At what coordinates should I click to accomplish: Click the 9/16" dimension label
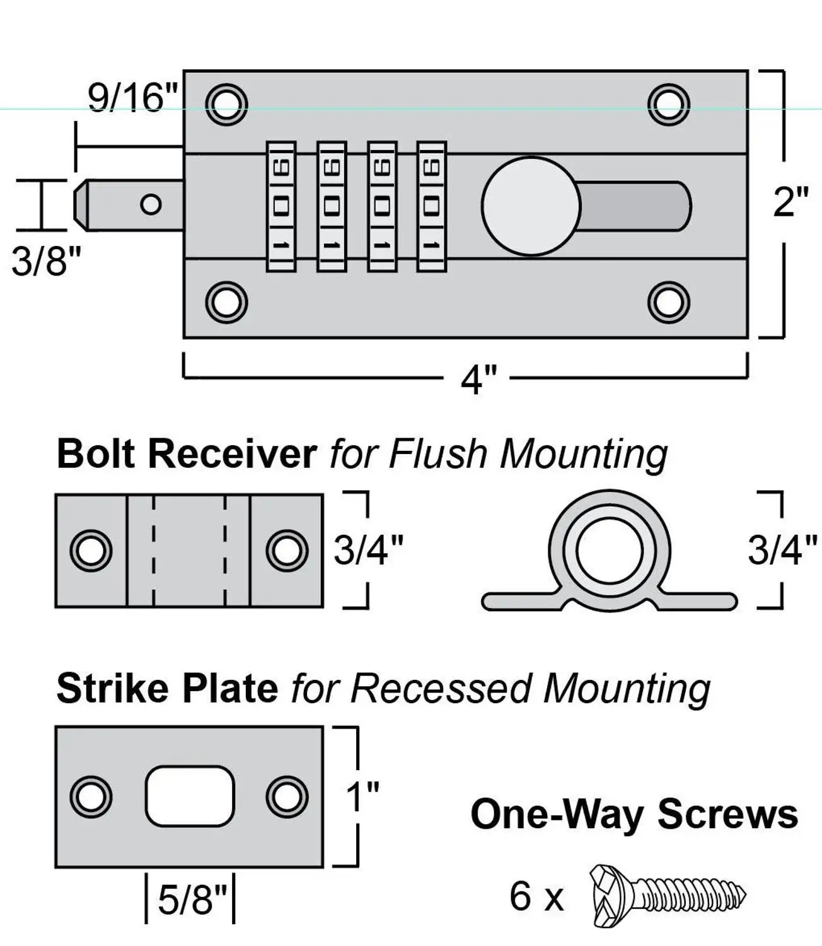132,98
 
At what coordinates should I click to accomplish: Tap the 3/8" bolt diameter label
46,261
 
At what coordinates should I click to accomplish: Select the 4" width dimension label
478,380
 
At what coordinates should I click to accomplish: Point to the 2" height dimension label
791,202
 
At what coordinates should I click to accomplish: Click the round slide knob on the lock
531,206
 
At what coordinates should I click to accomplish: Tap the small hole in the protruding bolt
151,204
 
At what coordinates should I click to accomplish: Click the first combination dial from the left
281,206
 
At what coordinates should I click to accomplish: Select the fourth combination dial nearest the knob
432,206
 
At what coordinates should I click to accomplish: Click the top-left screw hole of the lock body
226,105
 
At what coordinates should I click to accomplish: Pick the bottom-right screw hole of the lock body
669,302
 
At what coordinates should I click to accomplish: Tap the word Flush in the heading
437,454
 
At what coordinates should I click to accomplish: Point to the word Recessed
441,689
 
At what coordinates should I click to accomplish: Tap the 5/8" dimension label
193,899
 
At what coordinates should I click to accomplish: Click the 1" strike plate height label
362,796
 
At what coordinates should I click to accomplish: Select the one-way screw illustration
668,896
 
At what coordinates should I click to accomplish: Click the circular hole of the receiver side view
610,551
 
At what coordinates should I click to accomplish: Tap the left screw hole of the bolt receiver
91,551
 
